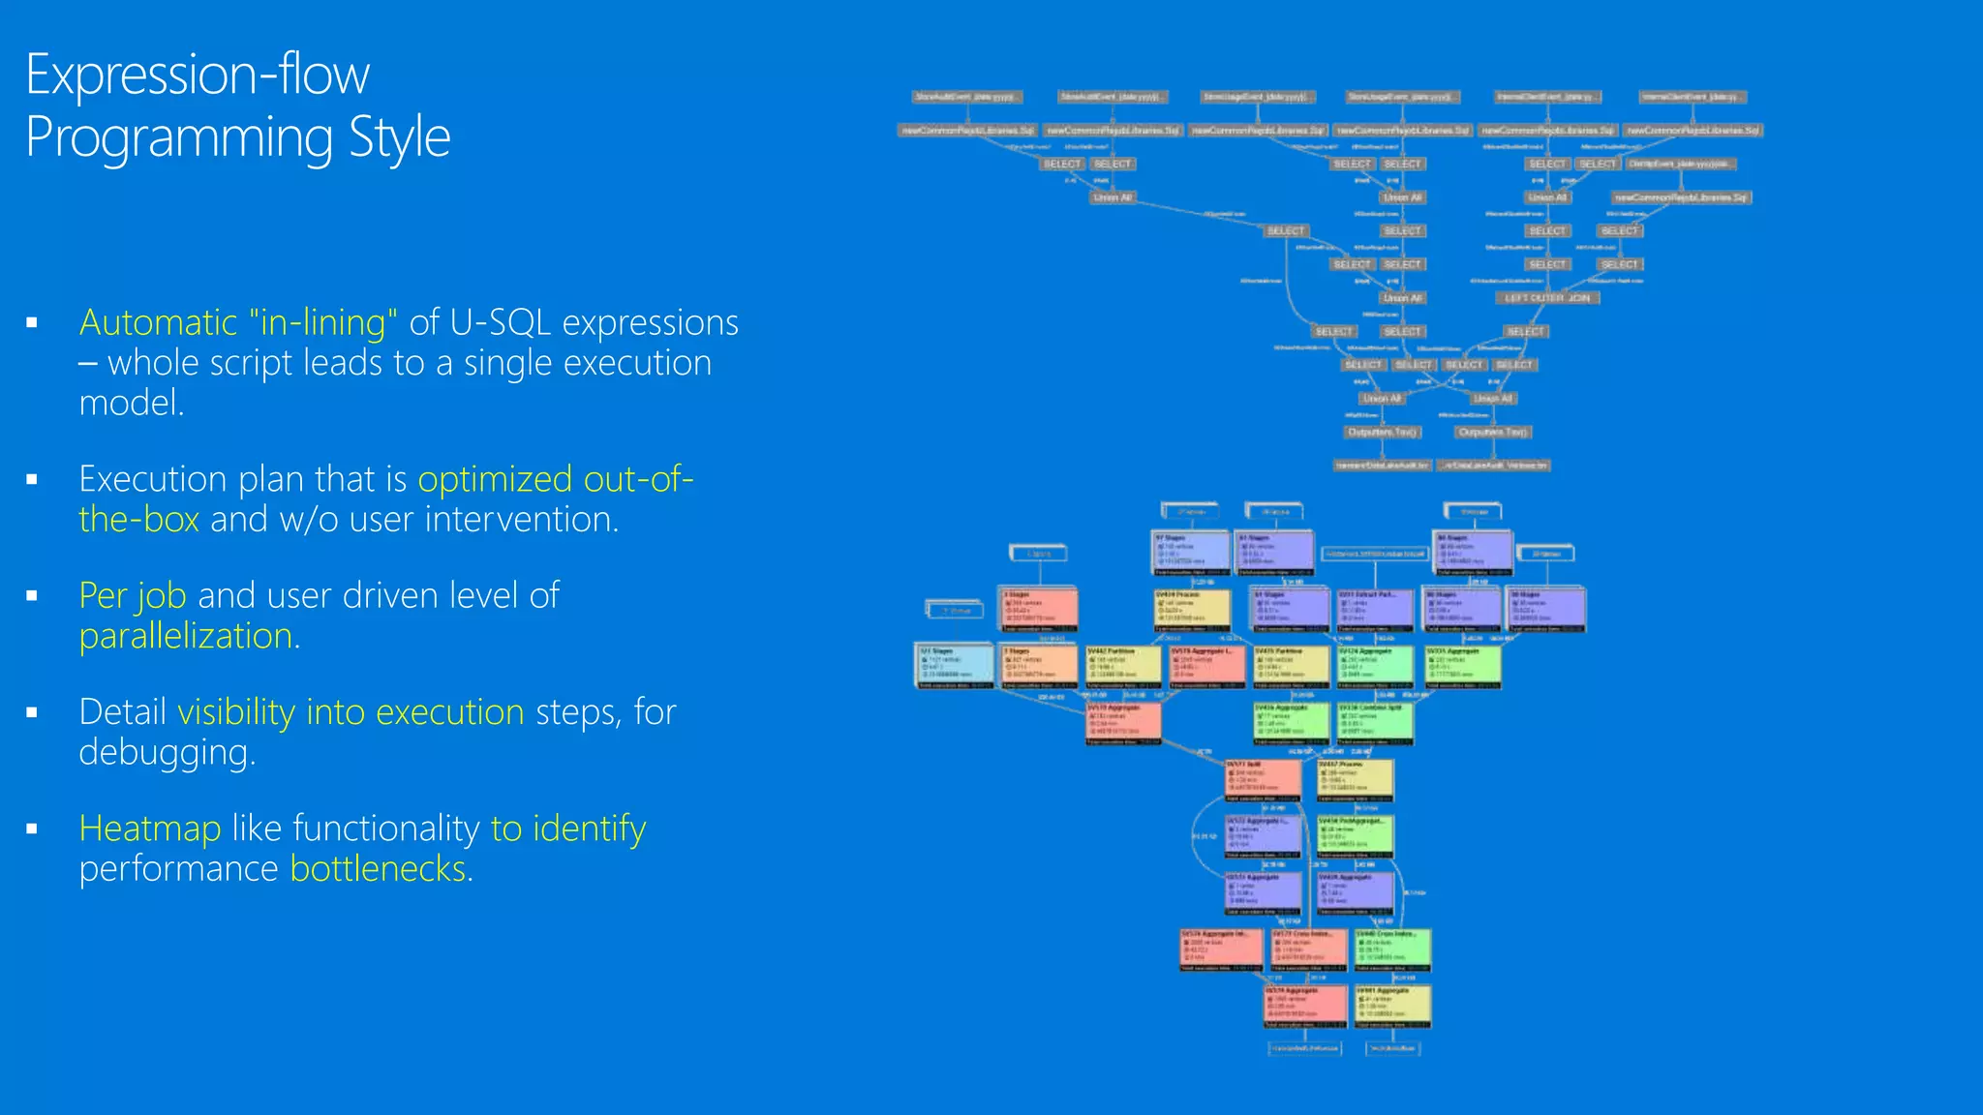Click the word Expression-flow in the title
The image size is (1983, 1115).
coord(198,75)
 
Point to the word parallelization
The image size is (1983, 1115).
coord(186,636)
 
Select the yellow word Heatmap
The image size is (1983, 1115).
coord(150,829)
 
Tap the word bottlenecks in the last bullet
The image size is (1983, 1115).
coord(379,868)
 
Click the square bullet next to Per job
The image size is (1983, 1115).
coord(32,596)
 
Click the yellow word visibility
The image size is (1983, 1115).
coord(236,712)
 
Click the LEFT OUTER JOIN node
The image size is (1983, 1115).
coord(1546,298)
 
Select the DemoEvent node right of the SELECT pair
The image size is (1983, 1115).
coord(1680,165)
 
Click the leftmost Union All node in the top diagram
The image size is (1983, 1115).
coord(1112,197)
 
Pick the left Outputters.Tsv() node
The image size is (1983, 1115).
coord(1383,432)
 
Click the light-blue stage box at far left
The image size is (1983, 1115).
coord(955,667)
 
